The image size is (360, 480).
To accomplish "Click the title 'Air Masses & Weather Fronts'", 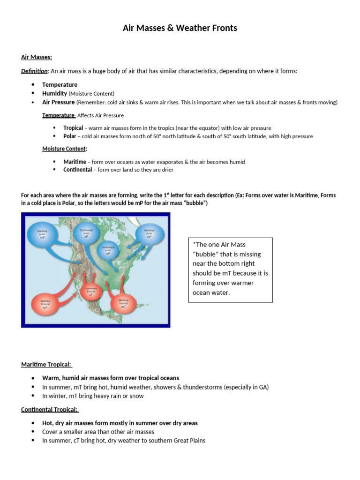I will click(x=180, y=28).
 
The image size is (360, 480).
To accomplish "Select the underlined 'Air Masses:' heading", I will click(x=37, y=57).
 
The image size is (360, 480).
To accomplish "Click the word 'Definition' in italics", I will click(x=34, y=71).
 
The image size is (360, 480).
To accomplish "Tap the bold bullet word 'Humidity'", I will click(x=54, y=93).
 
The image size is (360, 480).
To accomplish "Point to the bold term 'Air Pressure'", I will click(x=58, y=102).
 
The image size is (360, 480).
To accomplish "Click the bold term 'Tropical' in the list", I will click(x=73, y=128).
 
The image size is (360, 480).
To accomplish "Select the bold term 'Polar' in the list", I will click(x=69, y=136).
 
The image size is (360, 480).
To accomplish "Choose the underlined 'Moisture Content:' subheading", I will click(x=65, y=149).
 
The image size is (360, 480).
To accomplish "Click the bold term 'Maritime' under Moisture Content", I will click(x=75, y=162).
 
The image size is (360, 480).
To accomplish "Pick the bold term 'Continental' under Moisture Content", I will click(x=77, y=170).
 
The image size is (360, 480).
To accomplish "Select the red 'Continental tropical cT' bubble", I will click(x=90, y=291).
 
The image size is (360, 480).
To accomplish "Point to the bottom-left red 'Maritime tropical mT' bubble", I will click(x=45, y=305).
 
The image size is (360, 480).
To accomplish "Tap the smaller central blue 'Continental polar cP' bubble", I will click(x=107, y=251).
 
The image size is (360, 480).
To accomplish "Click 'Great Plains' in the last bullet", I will click(x=189, y=441).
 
